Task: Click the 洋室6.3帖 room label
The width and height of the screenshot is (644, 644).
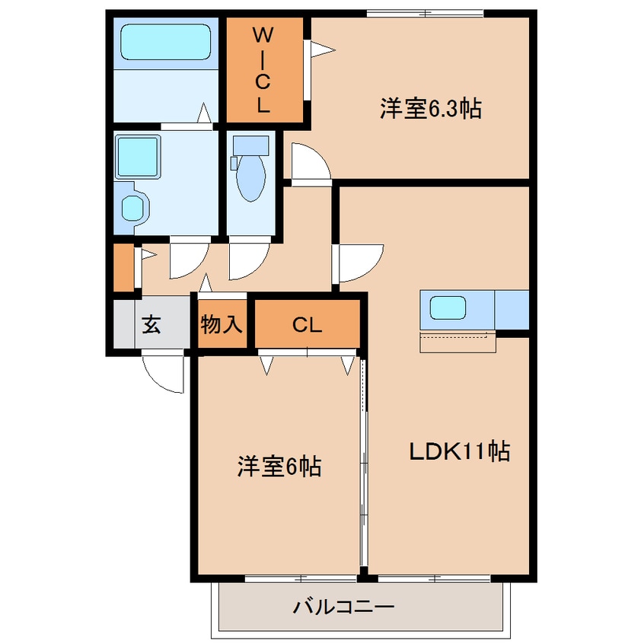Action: [x=430, y=109]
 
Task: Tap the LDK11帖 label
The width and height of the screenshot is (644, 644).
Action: [x=459, y=451]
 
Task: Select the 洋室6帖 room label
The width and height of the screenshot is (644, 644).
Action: [x=279, y=465]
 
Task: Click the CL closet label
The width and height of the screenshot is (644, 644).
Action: [x=307, y=325]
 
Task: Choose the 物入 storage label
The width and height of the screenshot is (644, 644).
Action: [x=222, y=325]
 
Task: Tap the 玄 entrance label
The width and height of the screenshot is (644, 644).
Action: [x=151, y=325]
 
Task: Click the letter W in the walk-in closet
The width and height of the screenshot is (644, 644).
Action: [x=263, y=34]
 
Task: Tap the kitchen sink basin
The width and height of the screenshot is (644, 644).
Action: [x=448, y=308]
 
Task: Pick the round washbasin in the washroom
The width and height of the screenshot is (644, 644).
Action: [x=134, y=206]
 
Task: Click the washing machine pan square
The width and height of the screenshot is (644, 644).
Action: [x=137, y=156]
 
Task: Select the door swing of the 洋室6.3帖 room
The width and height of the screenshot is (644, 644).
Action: [x=309, y=162]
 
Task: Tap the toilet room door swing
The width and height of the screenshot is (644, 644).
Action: [x=247, y=260]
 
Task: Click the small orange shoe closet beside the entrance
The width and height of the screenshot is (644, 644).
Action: [x=122, y=266]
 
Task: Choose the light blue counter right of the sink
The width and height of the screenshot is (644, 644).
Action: [x=512, y=309]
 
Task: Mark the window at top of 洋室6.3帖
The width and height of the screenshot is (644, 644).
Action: [x=425, y=12]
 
